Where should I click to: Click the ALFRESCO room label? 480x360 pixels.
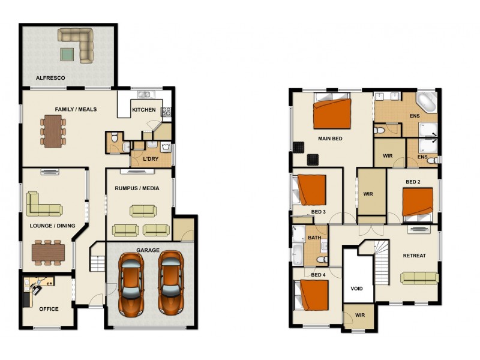[50, 78]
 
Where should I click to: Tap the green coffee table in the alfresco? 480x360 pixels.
[67, 55]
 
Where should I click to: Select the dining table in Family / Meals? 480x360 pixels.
[53, 130]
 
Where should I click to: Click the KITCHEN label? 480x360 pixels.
[144, 110]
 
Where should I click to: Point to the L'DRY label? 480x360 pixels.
[150, 159]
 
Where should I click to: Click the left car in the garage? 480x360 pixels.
[132, 283]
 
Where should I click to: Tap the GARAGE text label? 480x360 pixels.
[148, 250]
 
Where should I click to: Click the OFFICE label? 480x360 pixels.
[49, 309]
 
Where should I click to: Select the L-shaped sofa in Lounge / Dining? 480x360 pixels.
[42, 205]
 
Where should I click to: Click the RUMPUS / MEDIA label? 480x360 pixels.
[137, 188]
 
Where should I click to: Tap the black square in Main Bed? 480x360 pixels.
[313, 159]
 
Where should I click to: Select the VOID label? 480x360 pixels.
[356, 289]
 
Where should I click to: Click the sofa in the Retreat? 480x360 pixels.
[419, 277]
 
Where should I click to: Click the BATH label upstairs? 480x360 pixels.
[315, 238]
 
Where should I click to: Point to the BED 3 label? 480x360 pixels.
[318, 212]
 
